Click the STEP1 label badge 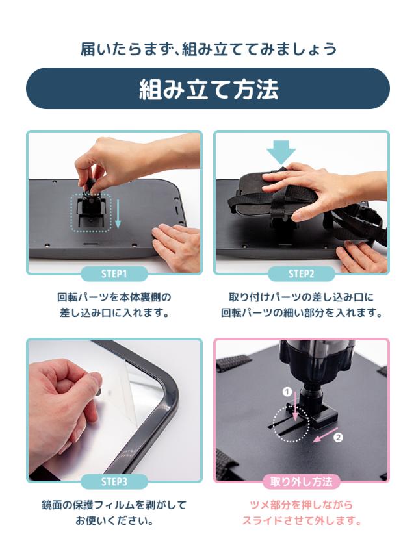pos(114,273)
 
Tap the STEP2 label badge pos(302,273)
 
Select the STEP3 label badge pos(114,481)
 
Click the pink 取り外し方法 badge pos(302,481)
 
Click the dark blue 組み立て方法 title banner pos(208,88)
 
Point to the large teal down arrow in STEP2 pos(281,152)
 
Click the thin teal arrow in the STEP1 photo pos(118,214)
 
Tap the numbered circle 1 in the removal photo pos(287,392)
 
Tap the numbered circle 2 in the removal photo pos(339,437)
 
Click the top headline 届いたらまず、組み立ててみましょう pos(209,49)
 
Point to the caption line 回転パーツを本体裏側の pos(114,297)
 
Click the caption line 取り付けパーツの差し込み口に pos(302,297)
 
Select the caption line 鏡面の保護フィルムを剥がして pos(114,505)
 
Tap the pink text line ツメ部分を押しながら pos(302,505)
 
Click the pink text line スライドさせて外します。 pos(302,521)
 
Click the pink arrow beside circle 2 pos(325,435)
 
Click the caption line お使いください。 pos(114,521)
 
